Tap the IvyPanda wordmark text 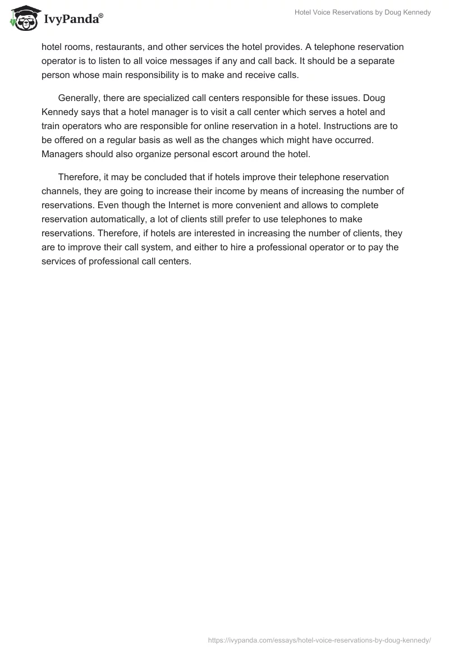(x=73, y=20)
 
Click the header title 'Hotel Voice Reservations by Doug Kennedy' (x=363, y=12)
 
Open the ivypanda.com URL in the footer (x=319, y=639)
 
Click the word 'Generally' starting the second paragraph (x=80, y=98)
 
